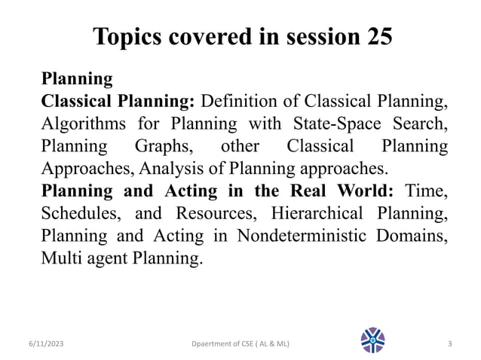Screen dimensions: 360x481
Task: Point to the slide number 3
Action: pos(449,343)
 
